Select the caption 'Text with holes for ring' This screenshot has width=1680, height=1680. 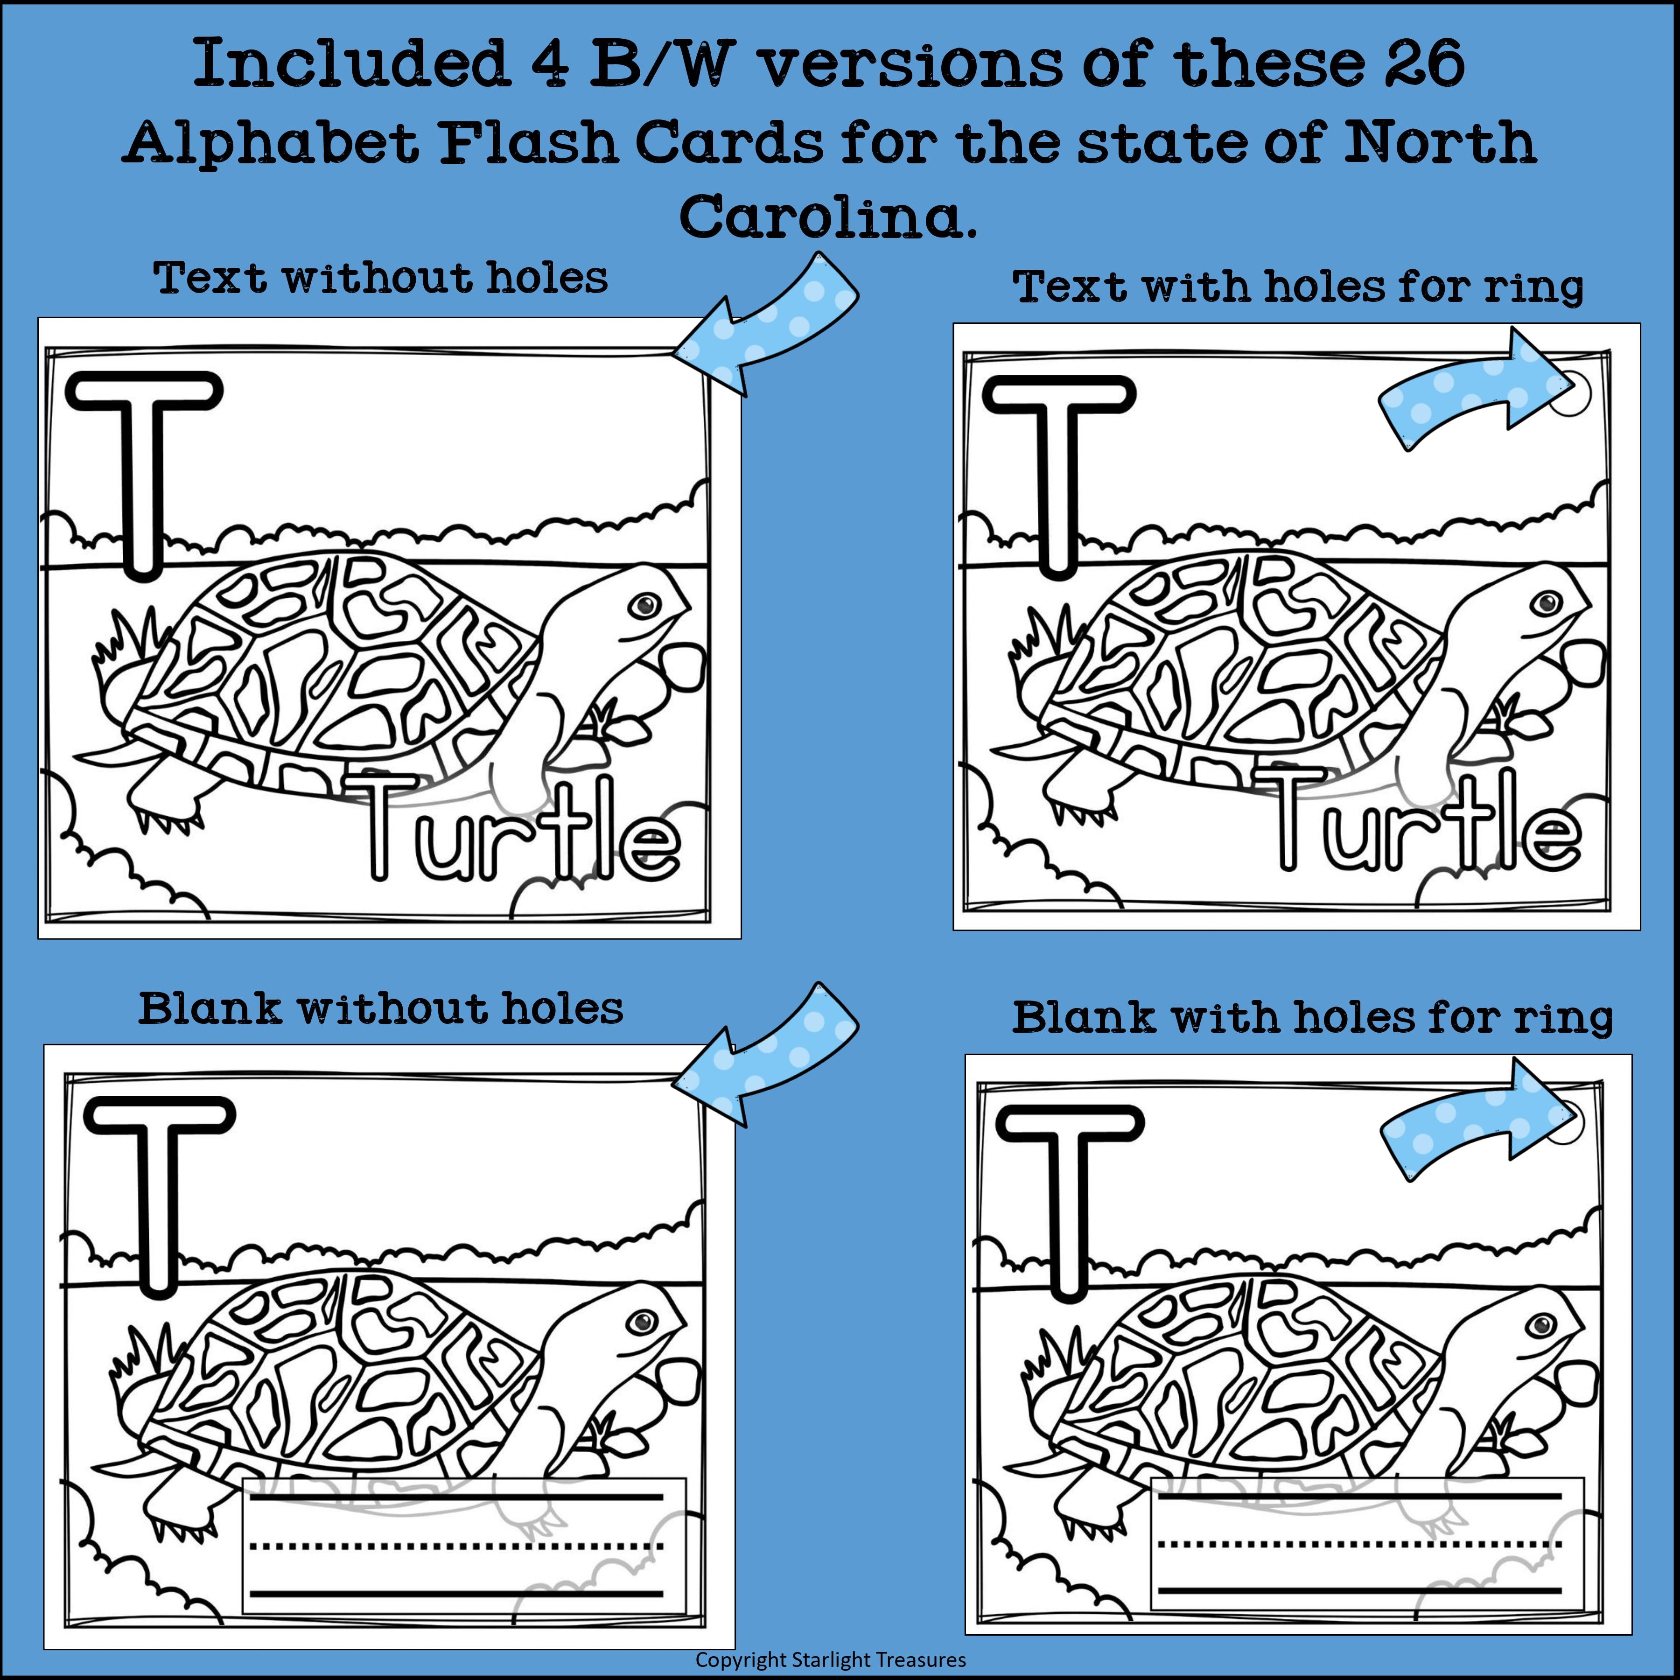tap(1298, 287)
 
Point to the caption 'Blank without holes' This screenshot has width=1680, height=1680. tap(380, 1008)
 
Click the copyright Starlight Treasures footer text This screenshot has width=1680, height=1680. tap(831, 1659)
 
